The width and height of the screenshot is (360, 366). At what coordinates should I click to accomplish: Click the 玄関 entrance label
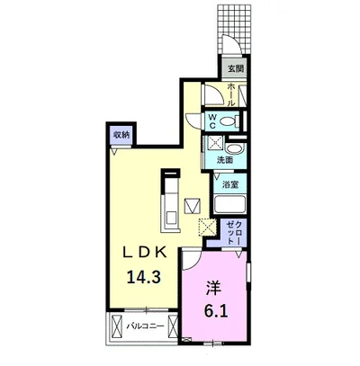(236, 69)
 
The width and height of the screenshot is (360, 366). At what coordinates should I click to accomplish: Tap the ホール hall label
(231, 95)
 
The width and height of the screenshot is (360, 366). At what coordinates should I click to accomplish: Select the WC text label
(212, 121)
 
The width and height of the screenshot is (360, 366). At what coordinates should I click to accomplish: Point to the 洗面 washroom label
(225, 160)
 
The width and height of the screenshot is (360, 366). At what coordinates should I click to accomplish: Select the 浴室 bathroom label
(230, 185)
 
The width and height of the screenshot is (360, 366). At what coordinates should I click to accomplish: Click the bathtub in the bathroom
(230, 204)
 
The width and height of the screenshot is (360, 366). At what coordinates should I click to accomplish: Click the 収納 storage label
(121, 135)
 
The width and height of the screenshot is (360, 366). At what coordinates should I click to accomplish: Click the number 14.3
(144, 277)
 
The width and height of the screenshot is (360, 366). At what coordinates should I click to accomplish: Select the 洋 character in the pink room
(213, 289)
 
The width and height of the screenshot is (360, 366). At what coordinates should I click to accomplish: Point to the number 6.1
(216, 311)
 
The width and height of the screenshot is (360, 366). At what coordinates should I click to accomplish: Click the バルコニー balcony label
(145, 326)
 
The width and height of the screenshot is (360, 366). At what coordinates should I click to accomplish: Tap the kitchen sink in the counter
(171, 218)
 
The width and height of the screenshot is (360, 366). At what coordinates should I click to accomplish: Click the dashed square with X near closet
(207, 227)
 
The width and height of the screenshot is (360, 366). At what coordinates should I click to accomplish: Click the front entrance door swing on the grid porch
(230, 45)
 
